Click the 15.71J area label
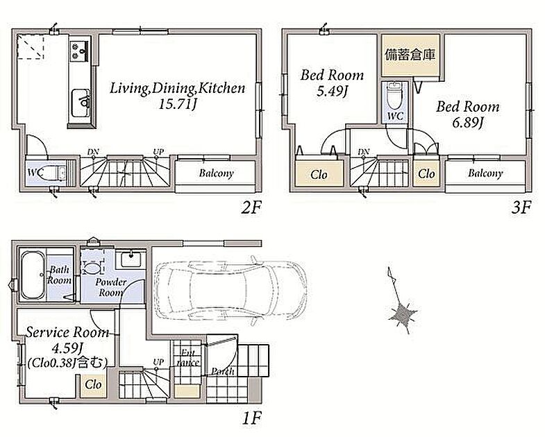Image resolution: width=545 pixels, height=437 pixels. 178,104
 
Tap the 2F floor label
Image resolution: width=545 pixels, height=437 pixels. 251,208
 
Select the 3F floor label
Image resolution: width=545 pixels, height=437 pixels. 521,208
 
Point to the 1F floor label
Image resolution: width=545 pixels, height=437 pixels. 251,418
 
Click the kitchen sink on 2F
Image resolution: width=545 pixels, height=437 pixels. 81,103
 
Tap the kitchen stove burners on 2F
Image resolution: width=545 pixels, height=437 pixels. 80,51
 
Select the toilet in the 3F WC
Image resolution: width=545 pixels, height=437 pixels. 394,96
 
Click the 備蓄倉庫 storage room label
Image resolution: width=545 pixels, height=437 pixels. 410,55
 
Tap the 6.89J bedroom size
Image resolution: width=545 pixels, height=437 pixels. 468,123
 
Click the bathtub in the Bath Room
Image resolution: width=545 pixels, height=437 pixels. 33,275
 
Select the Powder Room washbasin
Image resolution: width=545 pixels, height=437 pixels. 131,259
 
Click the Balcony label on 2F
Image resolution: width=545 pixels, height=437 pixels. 216,173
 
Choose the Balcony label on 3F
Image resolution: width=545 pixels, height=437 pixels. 485,173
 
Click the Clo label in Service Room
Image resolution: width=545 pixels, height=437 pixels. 93,385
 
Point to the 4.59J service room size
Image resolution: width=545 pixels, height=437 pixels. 67,348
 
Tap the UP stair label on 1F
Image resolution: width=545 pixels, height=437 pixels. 158,362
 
